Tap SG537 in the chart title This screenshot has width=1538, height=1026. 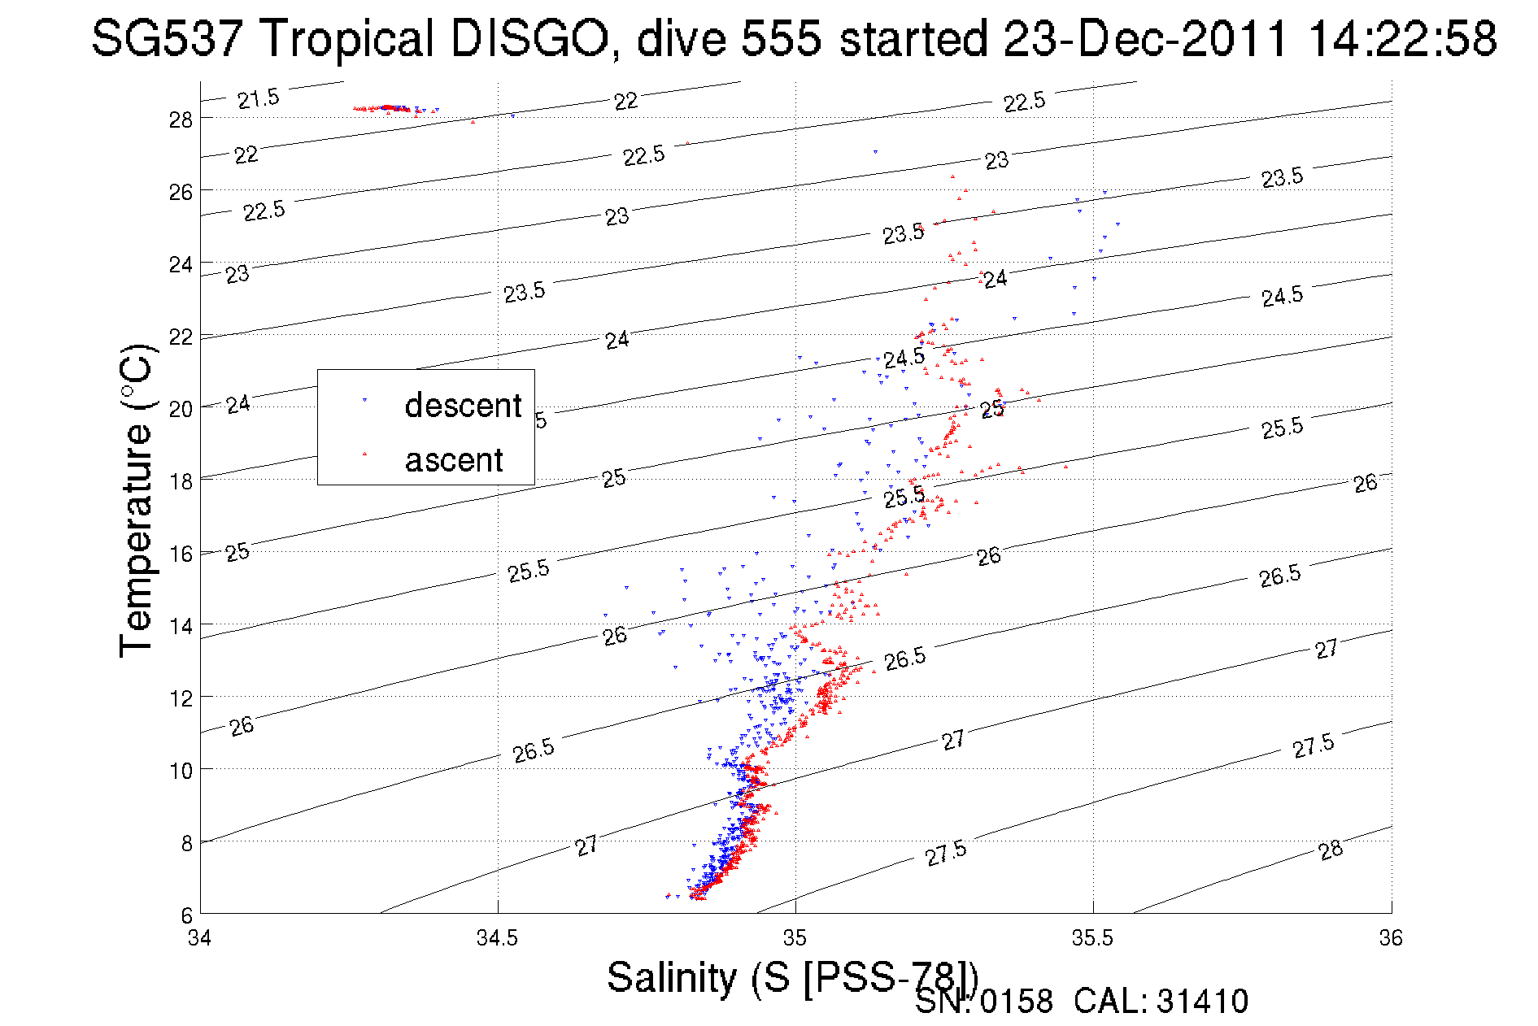coord(172,38)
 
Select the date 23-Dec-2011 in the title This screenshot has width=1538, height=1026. coord(1147,38)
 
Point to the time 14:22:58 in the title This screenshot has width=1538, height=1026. coord(1402,38)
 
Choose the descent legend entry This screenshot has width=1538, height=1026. coord(462,405)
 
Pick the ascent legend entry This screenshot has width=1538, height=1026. coord(454,460)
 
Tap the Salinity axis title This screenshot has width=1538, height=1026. coord(791,976)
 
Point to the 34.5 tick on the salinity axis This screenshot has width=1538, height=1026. coord(497,938)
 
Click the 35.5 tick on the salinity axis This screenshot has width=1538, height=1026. coord(1092,938)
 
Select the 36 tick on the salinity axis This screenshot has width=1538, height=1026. coord(1390,938)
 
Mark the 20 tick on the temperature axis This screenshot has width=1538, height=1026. coord(181,409)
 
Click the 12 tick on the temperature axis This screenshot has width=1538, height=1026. coord(181,698)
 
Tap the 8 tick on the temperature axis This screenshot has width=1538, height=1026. coord(186,843)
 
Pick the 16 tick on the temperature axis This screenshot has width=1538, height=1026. coord(181,554)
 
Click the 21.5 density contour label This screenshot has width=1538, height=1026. coord(259,99)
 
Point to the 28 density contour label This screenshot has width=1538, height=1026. coord(1331,850)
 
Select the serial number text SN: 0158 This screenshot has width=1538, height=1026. coord(983,1002)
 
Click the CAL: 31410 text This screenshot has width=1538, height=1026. coord(1161,1002)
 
